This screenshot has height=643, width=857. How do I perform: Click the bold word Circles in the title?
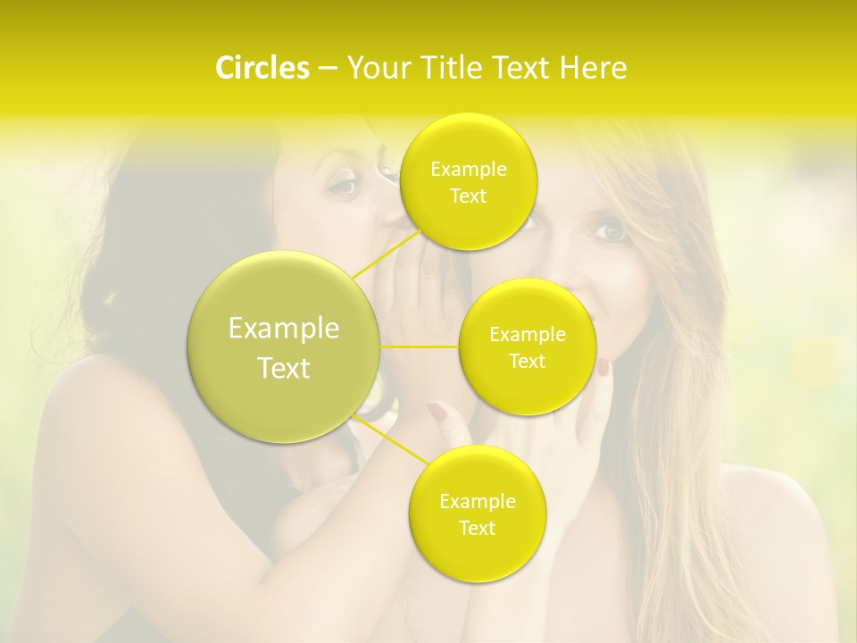click(262, 68)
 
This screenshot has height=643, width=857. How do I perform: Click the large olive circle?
click(283, 347)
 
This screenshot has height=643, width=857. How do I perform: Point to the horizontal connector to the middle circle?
click(420, 347)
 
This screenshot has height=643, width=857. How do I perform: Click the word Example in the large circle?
click(284, 329)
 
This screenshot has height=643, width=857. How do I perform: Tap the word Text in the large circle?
click(284, 368)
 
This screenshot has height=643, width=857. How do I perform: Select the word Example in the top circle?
click(469, 169)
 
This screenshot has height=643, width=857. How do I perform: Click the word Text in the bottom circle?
click(477, 528)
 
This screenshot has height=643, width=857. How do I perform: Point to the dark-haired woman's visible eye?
click(344, 186)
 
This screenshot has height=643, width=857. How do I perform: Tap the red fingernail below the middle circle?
click(603, 366)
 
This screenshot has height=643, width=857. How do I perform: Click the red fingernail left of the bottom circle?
click(437, 411)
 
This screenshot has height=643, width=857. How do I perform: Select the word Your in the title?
click(376, 68)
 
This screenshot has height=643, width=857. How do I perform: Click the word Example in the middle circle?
click(528, 335)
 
